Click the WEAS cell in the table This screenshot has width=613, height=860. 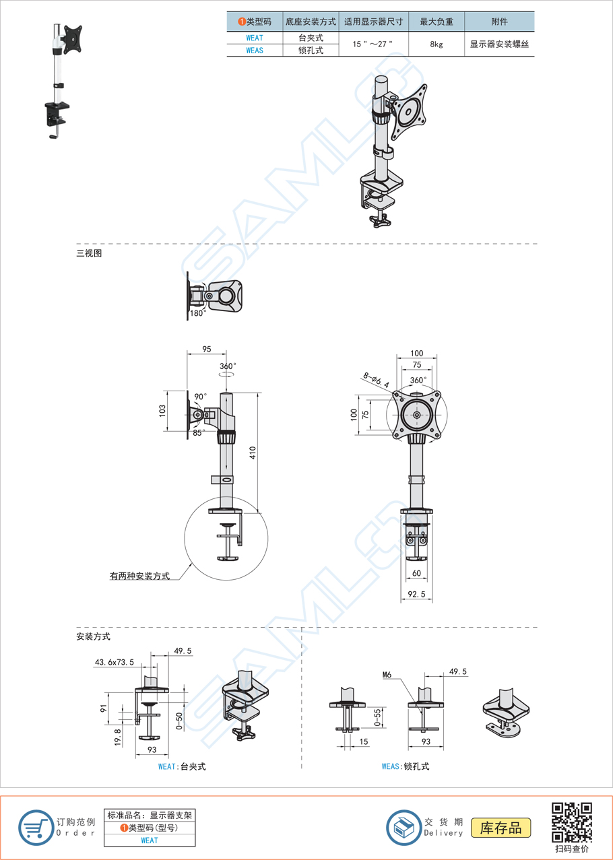pyautogui.click(x=255, y=50)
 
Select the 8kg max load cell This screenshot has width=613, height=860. pyautogui.click(x=437, y=44)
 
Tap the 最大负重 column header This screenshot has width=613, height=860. pyautogui.click(x=437, y=22)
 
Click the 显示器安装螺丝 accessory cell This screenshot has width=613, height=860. pyautogui.click(x=499, y=44)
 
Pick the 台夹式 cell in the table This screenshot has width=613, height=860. pyautogui.click(x=311, y=38)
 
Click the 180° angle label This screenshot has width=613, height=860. pyautogui.click(x=197, y=313)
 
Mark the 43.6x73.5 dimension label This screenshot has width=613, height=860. pyautogui.click(x=114, y=663)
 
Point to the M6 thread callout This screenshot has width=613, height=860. pyautogui.click(x=387, y=674)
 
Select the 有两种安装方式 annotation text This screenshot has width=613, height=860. pyautogui.click(x=139, y=576)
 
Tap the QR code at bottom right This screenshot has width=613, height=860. pyautogui.click(x=571, y=822)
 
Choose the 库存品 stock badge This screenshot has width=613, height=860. pyautogui.click(x=501, y=828)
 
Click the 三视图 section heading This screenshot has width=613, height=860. pyautogui.click(x=89, y=254)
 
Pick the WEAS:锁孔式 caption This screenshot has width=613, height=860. pyautogui.click(x=405, y=766)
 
